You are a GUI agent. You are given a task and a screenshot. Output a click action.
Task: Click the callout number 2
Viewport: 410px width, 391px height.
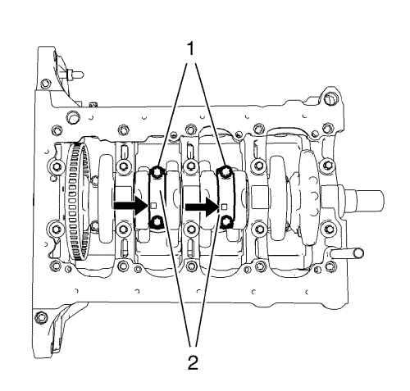[x=193, y=362]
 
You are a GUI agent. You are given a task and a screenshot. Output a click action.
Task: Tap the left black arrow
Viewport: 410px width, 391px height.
[x=131, y=206]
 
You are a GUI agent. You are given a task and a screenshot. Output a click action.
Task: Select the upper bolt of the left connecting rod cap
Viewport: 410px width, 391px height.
[x=157, y=172]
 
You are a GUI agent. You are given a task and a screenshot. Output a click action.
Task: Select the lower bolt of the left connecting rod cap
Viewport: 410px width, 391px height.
[x=156, y=221]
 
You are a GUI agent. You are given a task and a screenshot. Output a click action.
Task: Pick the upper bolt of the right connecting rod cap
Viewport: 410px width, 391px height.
[x=225, y=171]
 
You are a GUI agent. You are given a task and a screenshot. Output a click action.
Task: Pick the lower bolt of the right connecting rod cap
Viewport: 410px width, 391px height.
[x=226, y=222]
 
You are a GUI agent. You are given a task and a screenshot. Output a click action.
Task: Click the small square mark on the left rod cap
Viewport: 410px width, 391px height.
[x=153, y=206]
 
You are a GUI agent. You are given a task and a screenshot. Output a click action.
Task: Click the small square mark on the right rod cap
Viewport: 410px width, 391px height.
[x=224, y=207]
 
